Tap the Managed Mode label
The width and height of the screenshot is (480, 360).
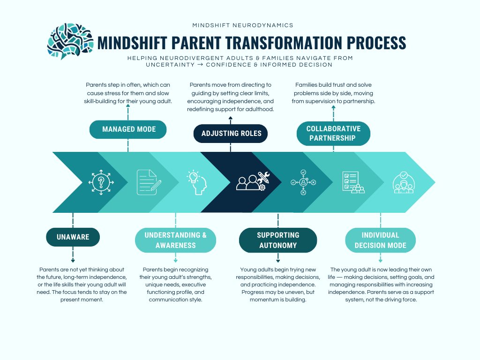(128, 129)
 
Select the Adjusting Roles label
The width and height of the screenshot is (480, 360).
(231, 134)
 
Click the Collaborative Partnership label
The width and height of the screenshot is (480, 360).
(333, 134)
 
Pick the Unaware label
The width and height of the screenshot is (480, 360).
(73, 237)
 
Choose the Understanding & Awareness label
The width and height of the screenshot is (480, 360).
(175, 240)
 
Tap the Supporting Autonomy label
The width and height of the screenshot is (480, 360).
(278, 240)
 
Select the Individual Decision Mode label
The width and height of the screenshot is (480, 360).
(380, 240)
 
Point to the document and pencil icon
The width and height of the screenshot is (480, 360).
(149, 182)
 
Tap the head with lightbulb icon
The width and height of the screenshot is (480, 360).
(197, 182)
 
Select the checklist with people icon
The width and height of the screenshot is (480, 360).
(353, 182)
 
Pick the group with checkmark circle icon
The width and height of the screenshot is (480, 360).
(403, 182)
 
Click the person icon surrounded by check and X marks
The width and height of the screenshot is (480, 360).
(303, 182)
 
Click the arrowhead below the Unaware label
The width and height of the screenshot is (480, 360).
(73, 261)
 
